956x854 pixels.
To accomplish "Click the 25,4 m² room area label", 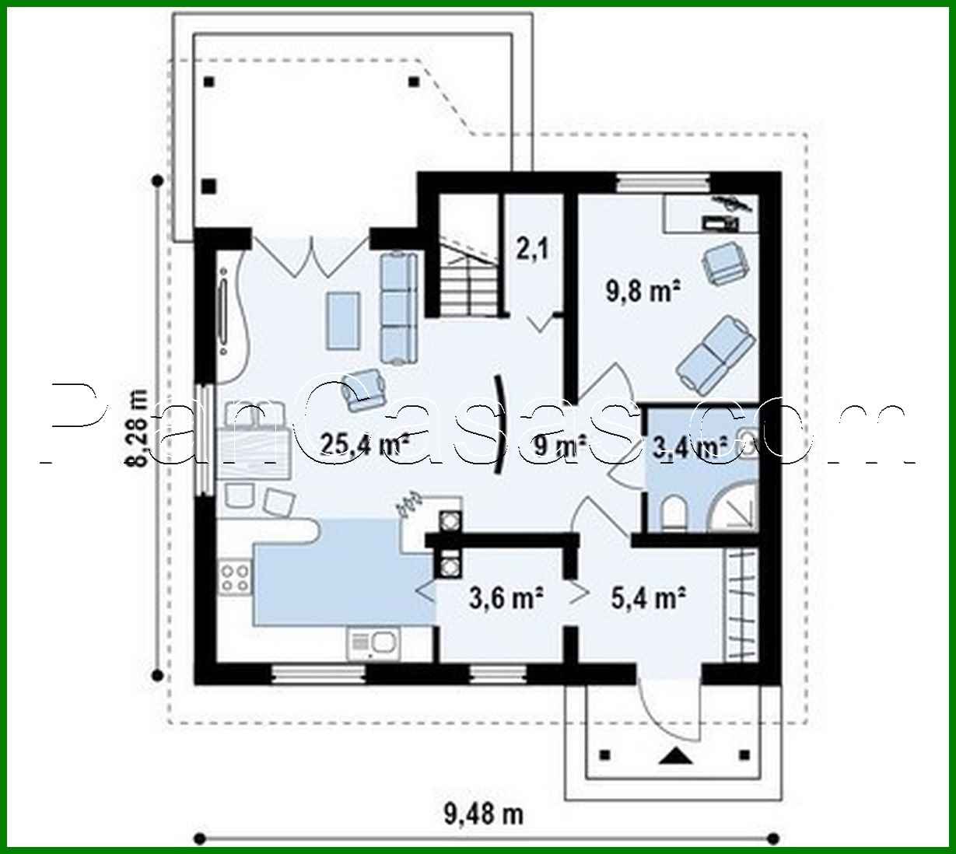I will click(x=365, y=444).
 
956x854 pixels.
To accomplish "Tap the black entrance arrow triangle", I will click(x=675, y=754).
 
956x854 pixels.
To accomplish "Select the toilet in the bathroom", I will click(x=674, y=514).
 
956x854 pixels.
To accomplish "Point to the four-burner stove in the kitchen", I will click(x=234, y=578).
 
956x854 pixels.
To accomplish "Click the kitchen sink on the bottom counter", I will click(x=373, y=643).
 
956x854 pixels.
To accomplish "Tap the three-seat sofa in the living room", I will click(x=399, y=308).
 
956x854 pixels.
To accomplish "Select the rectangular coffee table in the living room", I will click(x=343, y=320).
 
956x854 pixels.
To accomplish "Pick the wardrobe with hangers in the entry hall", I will click(x=740, y=605).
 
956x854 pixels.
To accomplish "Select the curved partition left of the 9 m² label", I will click(x=499, y=425).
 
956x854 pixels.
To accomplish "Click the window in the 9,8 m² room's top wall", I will click(x=663, y=184).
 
